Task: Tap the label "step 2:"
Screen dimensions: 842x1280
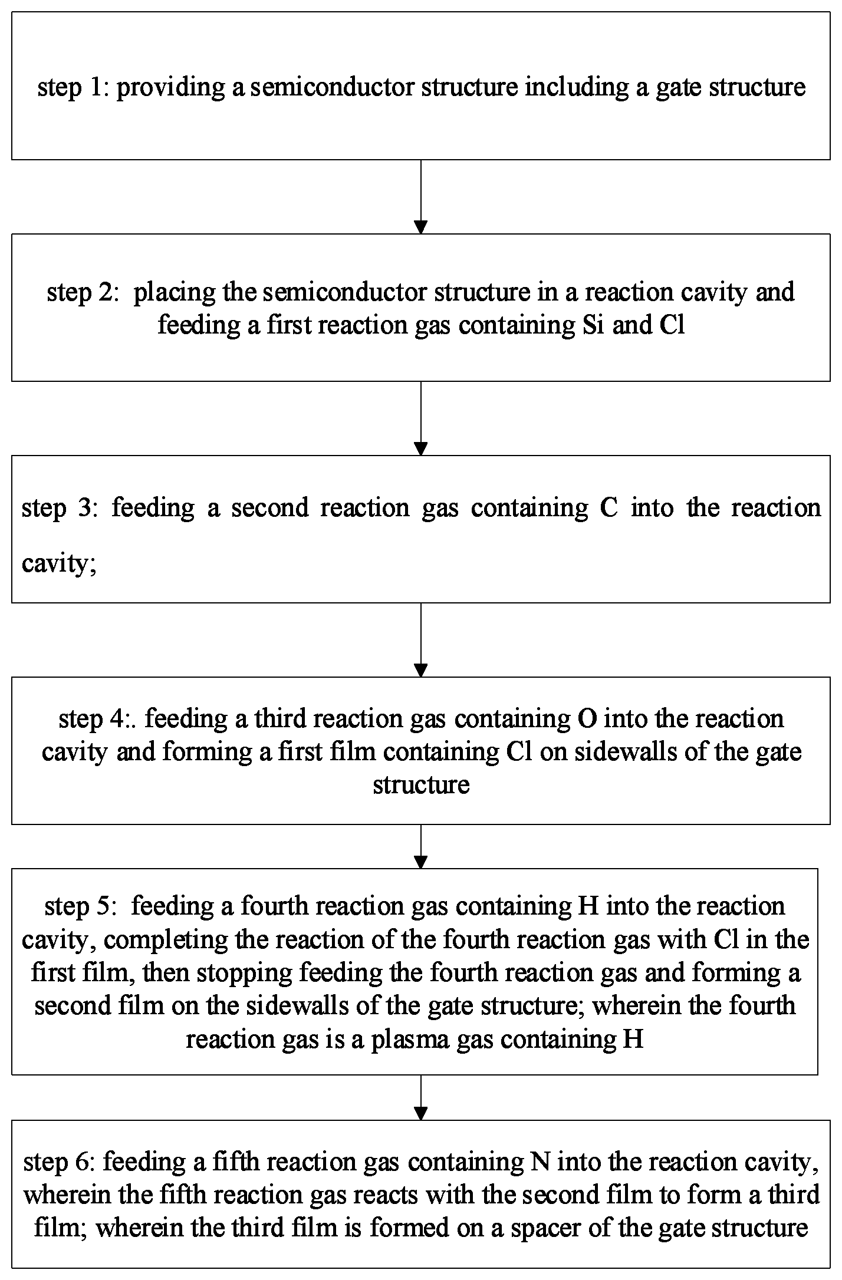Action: point(83,292)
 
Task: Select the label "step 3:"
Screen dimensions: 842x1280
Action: point(58,507)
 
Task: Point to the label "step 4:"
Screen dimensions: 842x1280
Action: point(98,719)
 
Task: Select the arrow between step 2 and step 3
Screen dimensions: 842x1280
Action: point(420,418)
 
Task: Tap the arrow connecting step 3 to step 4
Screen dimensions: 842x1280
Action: point(420,640)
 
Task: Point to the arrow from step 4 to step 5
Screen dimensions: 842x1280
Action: point(420,847)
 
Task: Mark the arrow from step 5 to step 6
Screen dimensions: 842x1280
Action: point(420,1097)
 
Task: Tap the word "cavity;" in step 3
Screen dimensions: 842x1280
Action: point(59,564)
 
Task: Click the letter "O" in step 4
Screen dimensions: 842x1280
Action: point(589,719)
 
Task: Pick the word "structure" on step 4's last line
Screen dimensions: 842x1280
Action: point(421,785)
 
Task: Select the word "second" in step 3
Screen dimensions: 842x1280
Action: point(270,507)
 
